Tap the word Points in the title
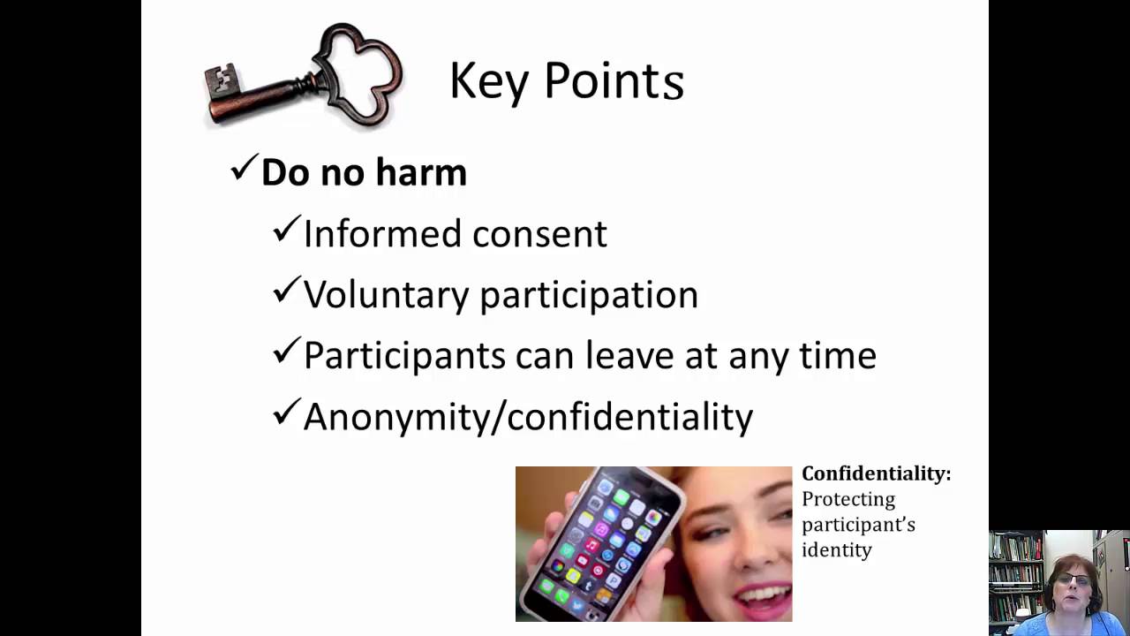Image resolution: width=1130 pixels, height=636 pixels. [x=614, y=81]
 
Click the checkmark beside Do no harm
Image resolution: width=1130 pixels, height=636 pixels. [x=243, y=169]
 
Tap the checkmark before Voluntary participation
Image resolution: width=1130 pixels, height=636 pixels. [x=286, y=291]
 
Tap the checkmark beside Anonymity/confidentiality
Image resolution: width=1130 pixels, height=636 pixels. [x=286, y=413]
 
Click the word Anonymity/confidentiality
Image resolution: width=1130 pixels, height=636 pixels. [x=528, y=417]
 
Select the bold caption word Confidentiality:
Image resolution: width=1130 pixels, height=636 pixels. [x=876, y=474]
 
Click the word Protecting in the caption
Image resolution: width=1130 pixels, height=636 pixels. [x=847, y=500]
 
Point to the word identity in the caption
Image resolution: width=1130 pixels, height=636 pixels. [x=836, y=550]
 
